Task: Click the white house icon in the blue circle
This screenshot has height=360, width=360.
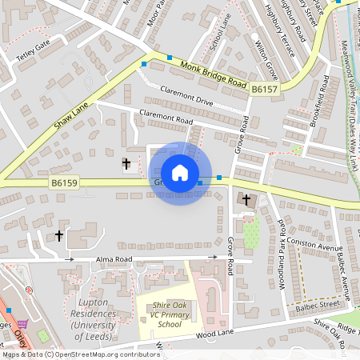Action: tap(180, 173)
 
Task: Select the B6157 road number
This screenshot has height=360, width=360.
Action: tap(263, 91)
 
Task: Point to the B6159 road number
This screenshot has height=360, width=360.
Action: tap(64, 183)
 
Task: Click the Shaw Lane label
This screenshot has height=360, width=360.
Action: tap(71, 111)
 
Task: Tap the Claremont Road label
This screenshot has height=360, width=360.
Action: tap(166, 118)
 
